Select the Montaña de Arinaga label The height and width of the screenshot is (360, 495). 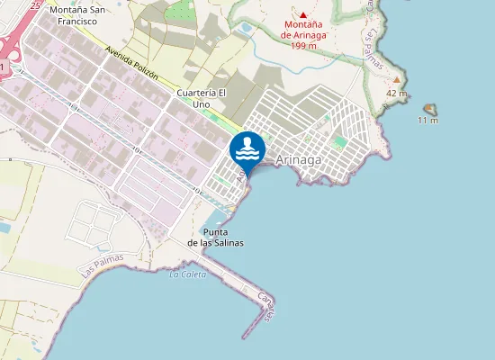coord(303,30)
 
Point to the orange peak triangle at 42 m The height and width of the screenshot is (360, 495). coord(396,80)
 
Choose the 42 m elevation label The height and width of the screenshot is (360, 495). coord(396,93)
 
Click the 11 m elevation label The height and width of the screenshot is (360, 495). coord(428,120)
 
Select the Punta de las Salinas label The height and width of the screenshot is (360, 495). coord(215,237)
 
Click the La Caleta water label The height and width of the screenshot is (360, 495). coord(186,274)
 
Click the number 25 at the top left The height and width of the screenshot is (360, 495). coord(34,4)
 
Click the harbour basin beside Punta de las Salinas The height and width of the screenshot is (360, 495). coord(213,218)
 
